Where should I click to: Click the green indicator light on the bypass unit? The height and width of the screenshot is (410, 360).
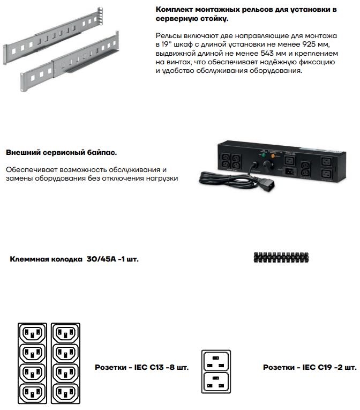(x=264, y=155)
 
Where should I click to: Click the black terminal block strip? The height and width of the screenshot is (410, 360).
(x=278, y=257)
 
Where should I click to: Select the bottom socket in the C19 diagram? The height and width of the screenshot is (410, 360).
(x=216, y=382)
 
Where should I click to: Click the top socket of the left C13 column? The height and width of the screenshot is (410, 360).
(x=33, y=333)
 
